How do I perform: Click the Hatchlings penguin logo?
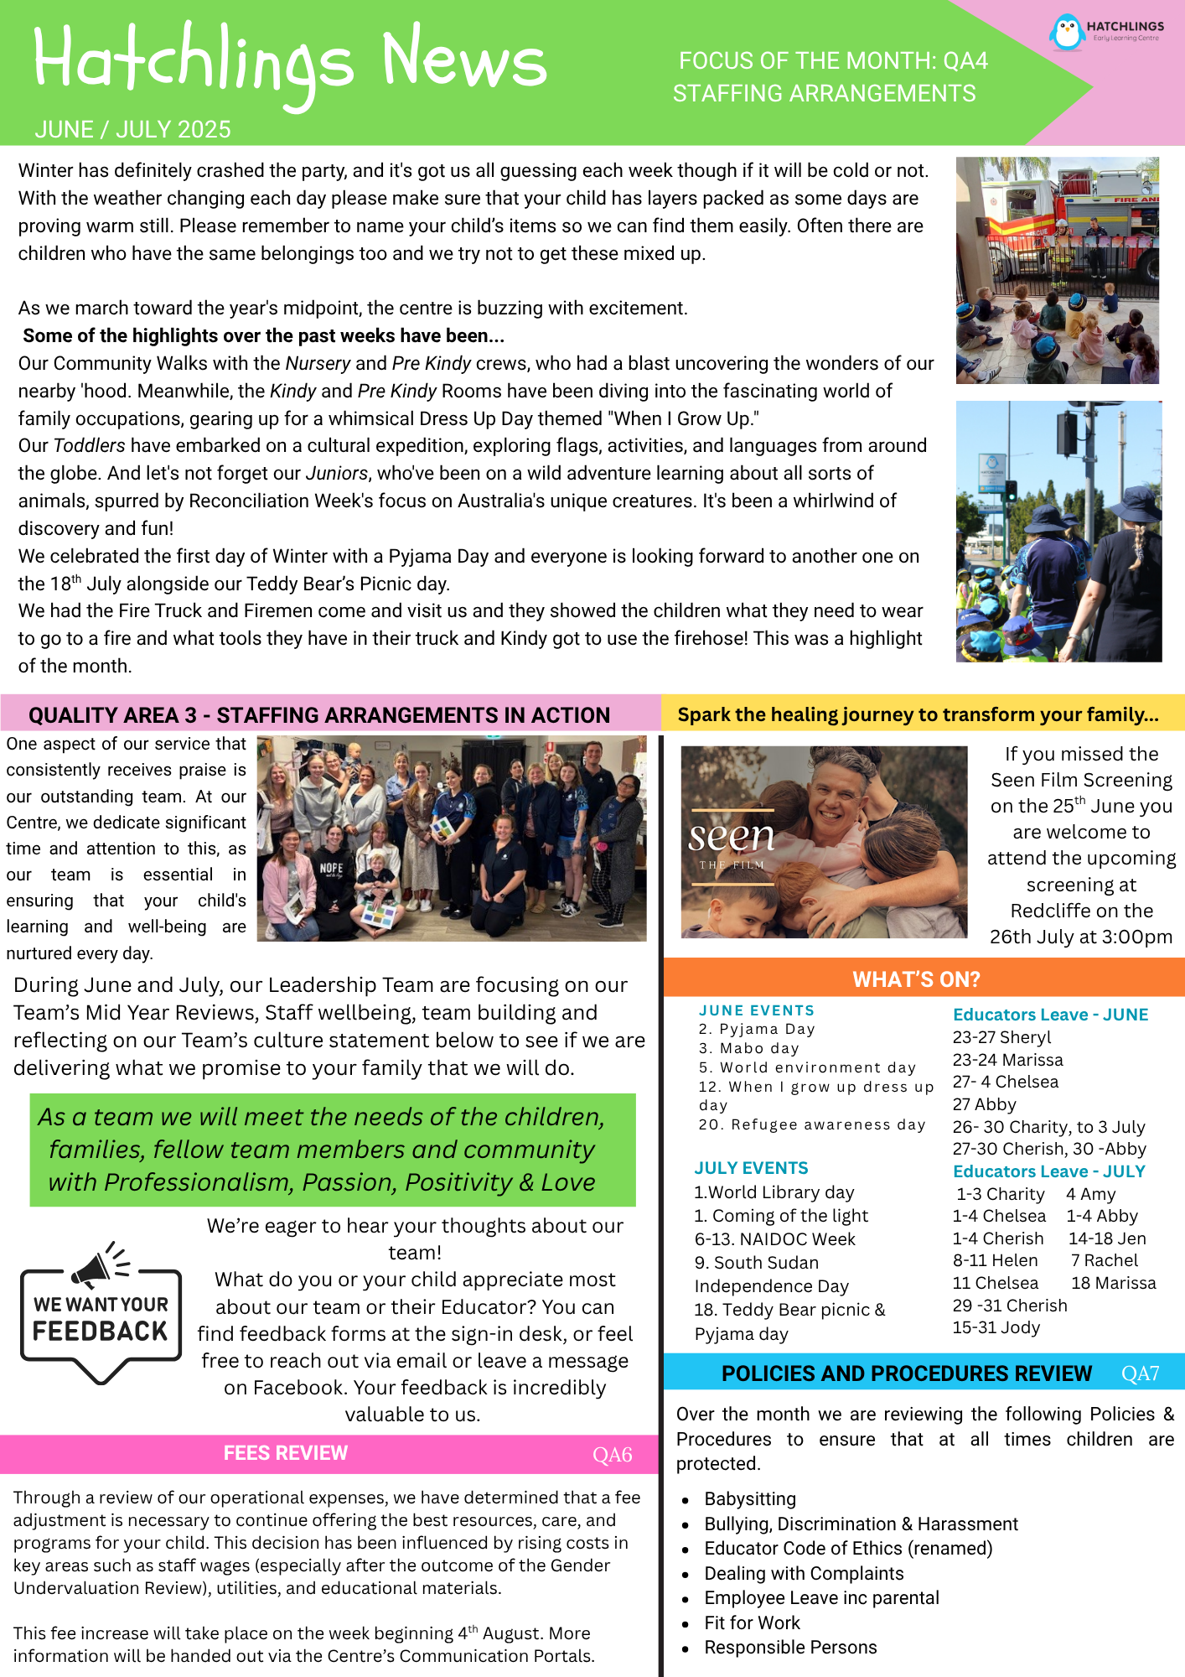click(x=1067, y=32)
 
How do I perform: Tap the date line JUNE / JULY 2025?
click(x=132, y=129)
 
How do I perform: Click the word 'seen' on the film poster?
click(x=731, y=835)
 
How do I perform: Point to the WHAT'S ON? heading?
click(x=916, y=979)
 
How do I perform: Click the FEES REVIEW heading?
click(x=285, y=1453)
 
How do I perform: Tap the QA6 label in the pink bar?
click(x=612, y=1455)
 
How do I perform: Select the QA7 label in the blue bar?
click(x=1140, y=1373)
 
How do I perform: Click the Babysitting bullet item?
click(x=750, y=1498)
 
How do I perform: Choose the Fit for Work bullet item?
click(x=752, y=1622)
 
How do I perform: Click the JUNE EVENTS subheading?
click(x=756, y=1010)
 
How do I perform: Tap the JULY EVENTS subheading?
click(x=751, y=1168)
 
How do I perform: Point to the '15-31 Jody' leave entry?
click(x=996, y=1327)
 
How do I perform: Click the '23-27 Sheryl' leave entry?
click(x=1001, y=1037)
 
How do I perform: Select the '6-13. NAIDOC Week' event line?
click(x=774, y=1239)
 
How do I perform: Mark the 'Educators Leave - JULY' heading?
click(x=1048, y=1171)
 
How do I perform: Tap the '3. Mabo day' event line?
click(x=748, y=1048)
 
